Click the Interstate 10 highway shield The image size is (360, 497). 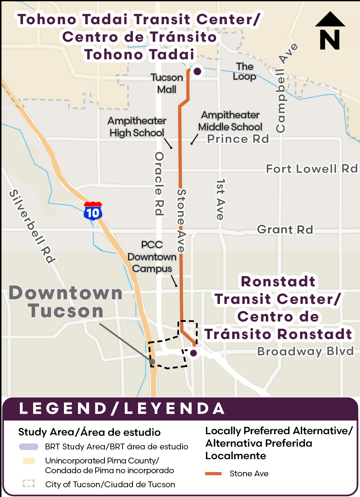[x=93, y=211]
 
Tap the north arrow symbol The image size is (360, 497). [x=330, y=31]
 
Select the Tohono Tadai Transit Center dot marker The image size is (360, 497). [x=197, y=71]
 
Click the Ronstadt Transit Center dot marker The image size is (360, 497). [x=193, y=353]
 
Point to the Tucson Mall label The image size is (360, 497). [x=167, y=83]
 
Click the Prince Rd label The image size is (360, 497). [x=238, y=139]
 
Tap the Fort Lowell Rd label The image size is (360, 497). [x=312, y=169]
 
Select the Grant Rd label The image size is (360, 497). [x=285, y=229]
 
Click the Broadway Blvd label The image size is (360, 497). [x=305, y=351]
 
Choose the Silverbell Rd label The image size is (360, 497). [x=33, y=227]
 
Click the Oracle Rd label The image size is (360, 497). [x=159, y=183]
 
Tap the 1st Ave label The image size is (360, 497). [x=221, y=199]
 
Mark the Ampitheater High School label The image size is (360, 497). [x=137, y=127]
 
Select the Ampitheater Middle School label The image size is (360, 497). [x=230, y=121]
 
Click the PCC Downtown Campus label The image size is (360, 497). [x=152, y=257]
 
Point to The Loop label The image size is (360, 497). [x=245, y=71]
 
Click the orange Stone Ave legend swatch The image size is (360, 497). [x=214, y=474]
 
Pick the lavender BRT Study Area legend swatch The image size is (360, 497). [x=28, y=447]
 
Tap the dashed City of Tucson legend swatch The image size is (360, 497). [x=28, y=484]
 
